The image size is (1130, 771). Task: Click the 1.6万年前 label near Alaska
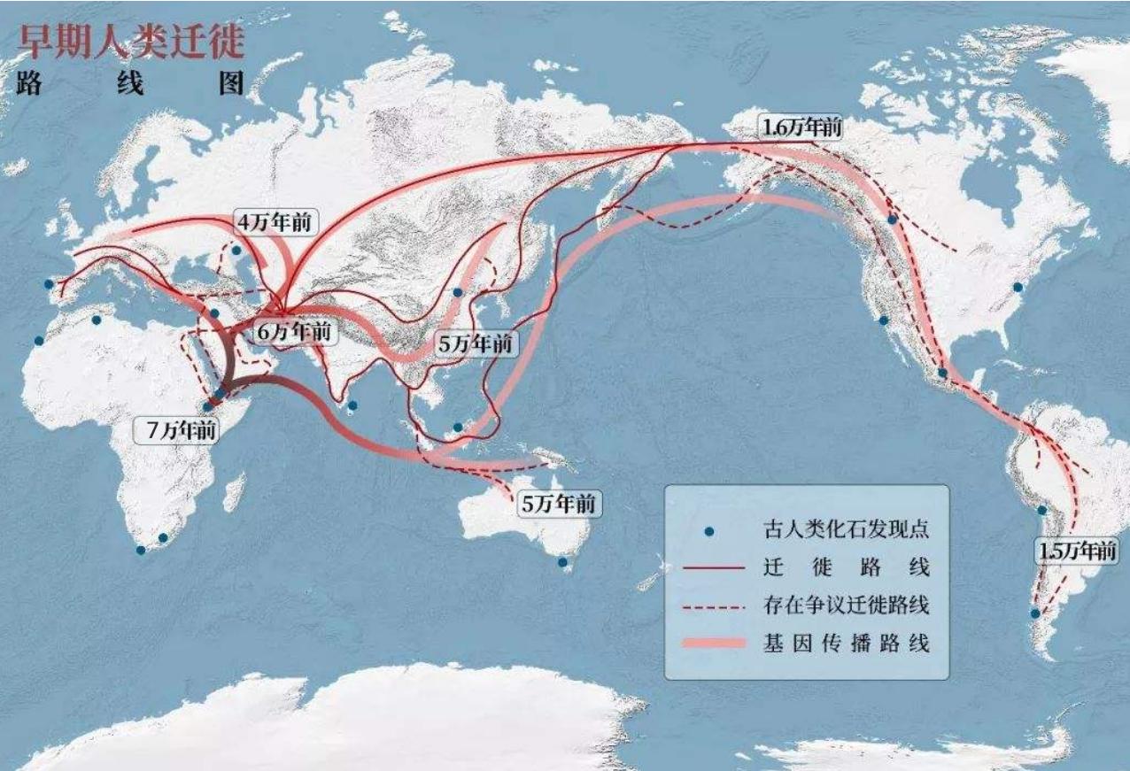pos(801,127)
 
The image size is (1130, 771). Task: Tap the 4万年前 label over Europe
pos(274,223)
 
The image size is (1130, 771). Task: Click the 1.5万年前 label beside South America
pos(1076,551)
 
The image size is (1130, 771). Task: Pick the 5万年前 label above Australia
pos(558,505)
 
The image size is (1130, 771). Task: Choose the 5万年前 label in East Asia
pos(476,344)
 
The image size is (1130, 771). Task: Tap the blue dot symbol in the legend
pos(708,532)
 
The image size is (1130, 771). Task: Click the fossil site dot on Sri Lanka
pos(352,406)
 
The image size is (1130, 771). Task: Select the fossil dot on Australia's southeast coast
pos(562,562)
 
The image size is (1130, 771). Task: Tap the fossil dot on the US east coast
pos(1018,288)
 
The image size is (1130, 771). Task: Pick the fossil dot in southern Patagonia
pos(1034,613)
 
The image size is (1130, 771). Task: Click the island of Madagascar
pos(235,491)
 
